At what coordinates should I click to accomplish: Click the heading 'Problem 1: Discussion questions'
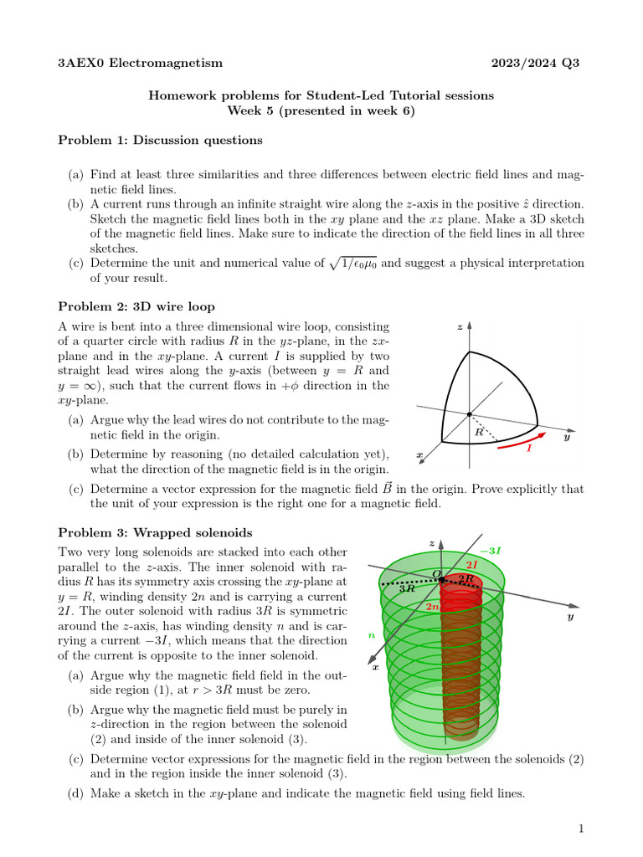coord(160,140)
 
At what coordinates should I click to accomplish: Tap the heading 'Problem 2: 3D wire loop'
coord(136,306)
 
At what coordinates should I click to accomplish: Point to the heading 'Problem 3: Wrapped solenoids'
coord(155,532)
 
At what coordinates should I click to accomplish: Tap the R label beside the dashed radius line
coord(479,433)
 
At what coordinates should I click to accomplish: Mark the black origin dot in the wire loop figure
coord(469,414)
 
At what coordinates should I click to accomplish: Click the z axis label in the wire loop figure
coord(460,327)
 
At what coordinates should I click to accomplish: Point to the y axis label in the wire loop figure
coord(567,437)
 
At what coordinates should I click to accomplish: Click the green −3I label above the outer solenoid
coord(493,550)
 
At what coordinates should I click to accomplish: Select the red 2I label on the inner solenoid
coord(471,565)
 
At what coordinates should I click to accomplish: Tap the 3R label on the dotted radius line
coord(408,588)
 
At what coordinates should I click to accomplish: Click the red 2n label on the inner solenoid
coord(433,607)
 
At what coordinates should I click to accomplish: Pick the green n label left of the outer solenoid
coord(371,635)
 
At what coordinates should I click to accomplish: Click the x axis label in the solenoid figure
coord(375,666)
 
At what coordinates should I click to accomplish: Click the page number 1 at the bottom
coord(580,829)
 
